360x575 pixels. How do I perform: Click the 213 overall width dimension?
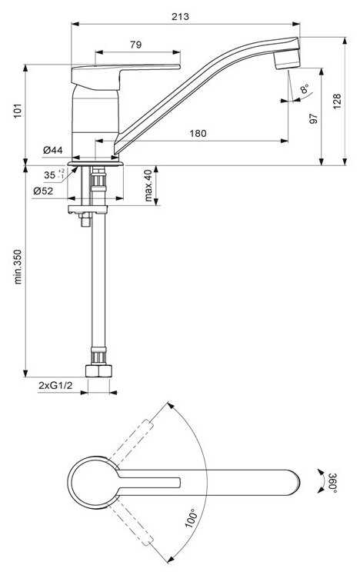180,16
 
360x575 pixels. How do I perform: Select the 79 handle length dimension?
136,45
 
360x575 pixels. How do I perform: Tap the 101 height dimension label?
18,111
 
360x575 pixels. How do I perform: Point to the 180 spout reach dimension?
198,134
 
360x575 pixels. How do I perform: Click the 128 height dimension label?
337,101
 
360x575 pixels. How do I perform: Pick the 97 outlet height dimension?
313,118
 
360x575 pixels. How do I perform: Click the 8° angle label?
304,89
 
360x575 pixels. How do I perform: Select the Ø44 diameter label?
53,150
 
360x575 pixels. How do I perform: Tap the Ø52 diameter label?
43,191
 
